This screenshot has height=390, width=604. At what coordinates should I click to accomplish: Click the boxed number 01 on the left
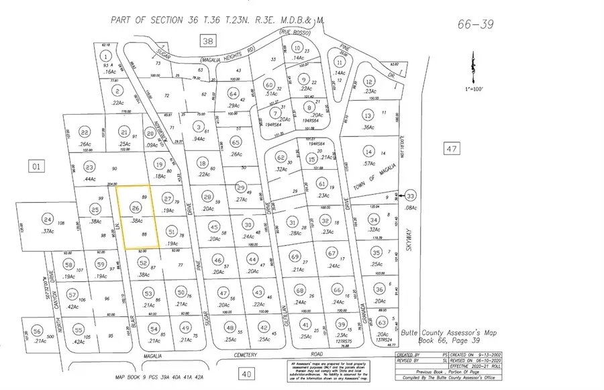tap(36, 164)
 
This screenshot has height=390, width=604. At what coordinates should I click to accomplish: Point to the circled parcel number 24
tap(47, 220)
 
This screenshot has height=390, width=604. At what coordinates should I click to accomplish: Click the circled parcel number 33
tap(411, 196)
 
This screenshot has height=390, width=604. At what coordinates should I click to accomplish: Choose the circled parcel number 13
tap(367, 115)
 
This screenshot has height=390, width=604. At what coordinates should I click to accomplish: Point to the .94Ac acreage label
tap(199, 138)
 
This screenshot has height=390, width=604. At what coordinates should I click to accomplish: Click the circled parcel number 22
tap(85, 132)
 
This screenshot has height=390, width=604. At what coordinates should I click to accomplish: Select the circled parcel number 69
tap(295, 257)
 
